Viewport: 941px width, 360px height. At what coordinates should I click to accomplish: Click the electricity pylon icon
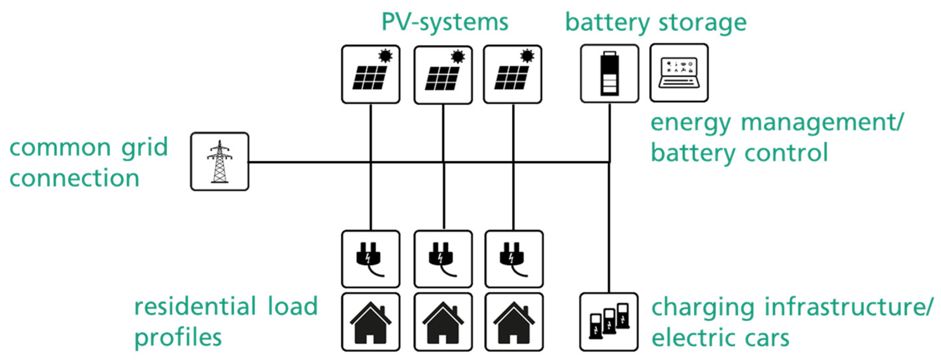[x=219, y=162]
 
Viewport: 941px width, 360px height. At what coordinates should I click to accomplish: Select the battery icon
[x=610, y=74]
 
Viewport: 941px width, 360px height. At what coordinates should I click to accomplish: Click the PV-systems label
[x=444, y=23]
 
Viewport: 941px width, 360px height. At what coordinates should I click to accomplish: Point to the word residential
[x=195, y=306]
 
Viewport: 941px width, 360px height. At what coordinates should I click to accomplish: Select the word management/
[x=822, y=122]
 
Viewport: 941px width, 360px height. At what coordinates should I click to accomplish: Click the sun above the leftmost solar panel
[x=385, y=56]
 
